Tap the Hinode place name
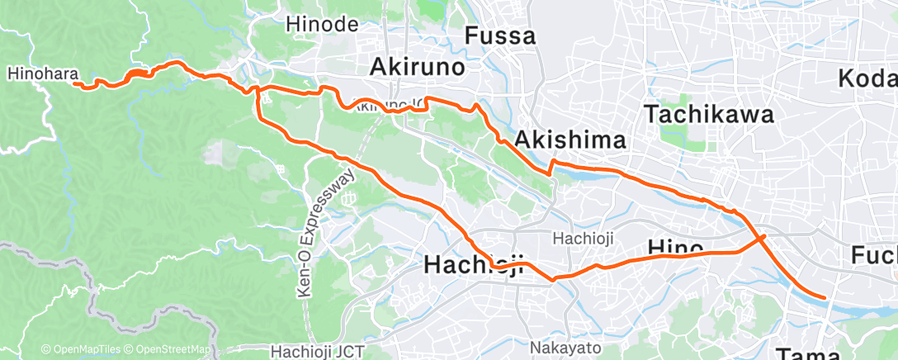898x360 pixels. [x=320, y=25]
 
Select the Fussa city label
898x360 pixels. [x=500, y=36]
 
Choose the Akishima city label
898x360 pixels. [x=570, y=142]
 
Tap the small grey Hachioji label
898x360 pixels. [x=579, y=239]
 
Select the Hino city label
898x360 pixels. [x=675, y=247]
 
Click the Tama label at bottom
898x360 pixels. [x=810, y=353]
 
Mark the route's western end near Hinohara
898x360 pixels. [x=75, y=83]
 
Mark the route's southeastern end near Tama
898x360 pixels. [x=824, y=296]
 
